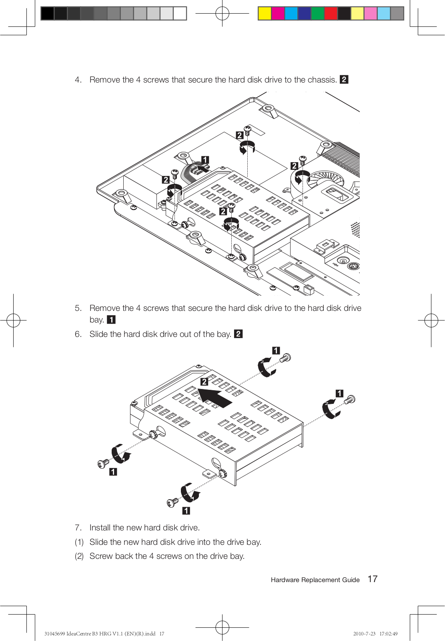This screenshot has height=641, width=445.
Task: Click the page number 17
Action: pos(373,579)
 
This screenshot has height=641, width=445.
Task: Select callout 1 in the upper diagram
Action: pos(205,160)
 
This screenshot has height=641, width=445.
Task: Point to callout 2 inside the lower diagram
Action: pos(204,382)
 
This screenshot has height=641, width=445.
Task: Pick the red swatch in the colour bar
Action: pos(331,14)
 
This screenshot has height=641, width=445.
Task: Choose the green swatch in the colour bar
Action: pos(317,14)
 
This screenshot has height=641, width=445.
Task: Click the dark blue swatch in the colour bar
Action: pos(304,14)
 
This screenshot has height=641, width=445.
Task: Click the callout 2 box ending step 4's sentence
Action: pos(344,80)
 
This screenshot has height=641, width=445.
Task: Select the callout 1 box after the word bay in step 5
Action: pos(111,320)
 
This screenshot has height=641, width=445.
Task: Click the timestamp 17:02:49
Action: pos(389,633)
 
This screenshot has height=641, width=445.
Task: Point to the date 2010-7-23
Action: pos(364,633)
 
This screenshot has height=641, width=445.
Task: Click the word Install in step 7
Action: pos(100,527)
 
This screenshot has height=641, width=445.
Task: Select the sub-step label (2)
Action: pos(79,556)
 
